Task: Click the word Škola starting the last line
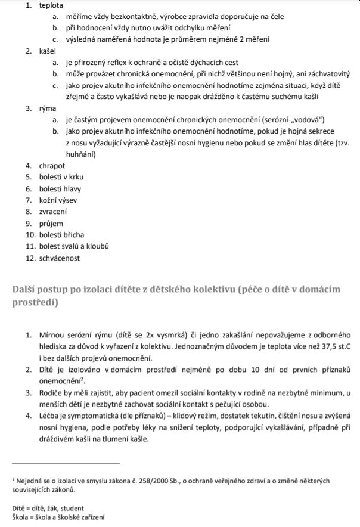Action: pyautogui.click(x=21, y=518)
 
